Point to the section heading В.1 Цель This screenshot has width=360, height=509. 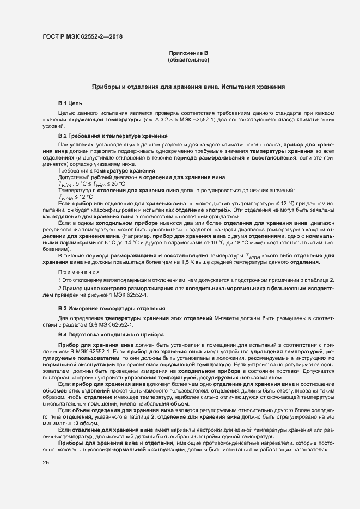pos(70,103)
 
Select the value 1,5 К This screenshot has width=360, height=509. pos(209,262)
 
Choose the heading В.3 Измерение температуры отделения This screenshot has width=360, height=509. pos(105,308)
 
